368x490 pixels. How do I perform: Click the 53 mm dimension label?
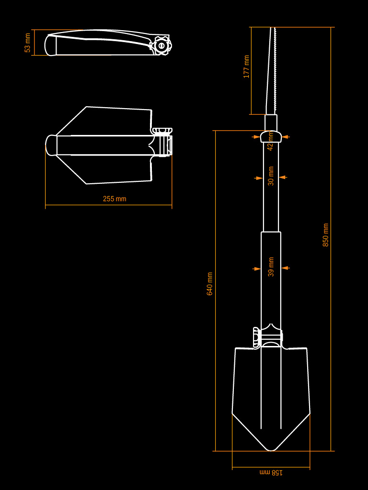[27, 43]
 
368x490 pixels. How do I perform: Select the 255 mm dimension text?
[115, 199]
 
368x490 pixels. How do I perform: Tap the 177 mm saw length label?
[247, 67]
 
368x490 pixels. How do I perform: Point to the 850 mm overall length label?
[326, 235]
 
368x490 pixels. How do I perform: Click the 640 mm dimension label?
[210, 284]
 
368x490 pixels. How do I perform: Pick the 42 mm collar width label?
[271, 141]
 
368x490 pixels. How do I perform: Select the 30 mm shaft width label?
[271, 176]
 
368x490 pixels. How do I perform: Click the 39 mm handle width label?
[271, 267]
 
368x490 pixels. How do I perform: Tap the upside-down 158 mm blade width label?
[271, 472]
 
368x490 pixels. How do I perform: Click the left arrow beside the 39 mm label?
[257, 268]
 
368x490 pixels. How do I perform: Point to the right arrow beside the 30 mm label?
[283, 178]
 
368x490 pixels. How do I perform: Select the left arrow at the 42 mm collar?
[256, 136]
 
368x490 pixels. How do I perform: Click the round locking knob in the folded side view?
[161, 46]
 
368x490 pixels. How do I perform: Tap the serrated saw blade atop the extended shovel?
[271, 71]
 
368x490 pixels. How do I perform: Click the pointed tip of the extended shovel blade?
[271, 450]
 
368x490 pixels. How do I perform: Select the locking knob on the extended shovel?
[257, 337]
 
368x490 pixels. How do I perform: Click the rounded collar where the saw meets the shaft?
[271, 136]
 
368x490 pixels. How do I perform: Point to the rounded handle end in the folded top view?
[51, 145]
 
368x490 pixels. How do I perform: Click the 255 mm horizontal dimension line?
[109, 205]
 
